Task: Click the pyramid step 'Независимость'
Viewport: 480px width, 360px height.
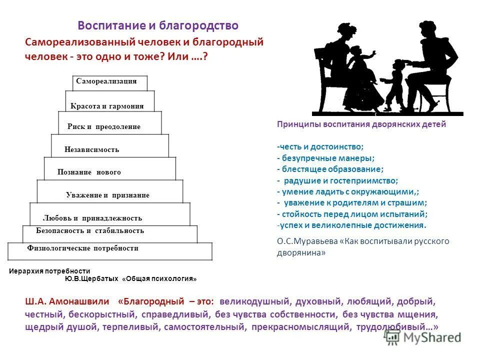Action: pyautogui.click(x=92, y=149)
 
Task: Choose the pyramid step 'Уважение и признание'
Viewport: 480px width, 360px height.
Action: pyautogui.click(x=107, y=195)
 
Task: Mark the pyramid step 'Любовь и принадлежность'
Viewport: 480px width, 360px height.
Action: pyautogui.click(x=93, y=218)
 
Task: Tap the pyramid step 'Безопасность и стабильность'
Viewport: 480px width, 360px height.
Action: pyautogui.click(x=90, y=231)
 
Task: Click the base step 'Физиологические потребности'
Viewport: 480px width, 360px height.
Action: pyautogui.click(x=83, y=248)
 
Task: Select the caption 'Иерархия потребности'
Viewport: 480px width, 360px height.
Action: pyautogui.click(x=49, y=270)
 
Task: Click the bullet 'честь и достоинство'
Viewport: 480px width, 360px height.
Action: pyautogui.click(x=320, y=147)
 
